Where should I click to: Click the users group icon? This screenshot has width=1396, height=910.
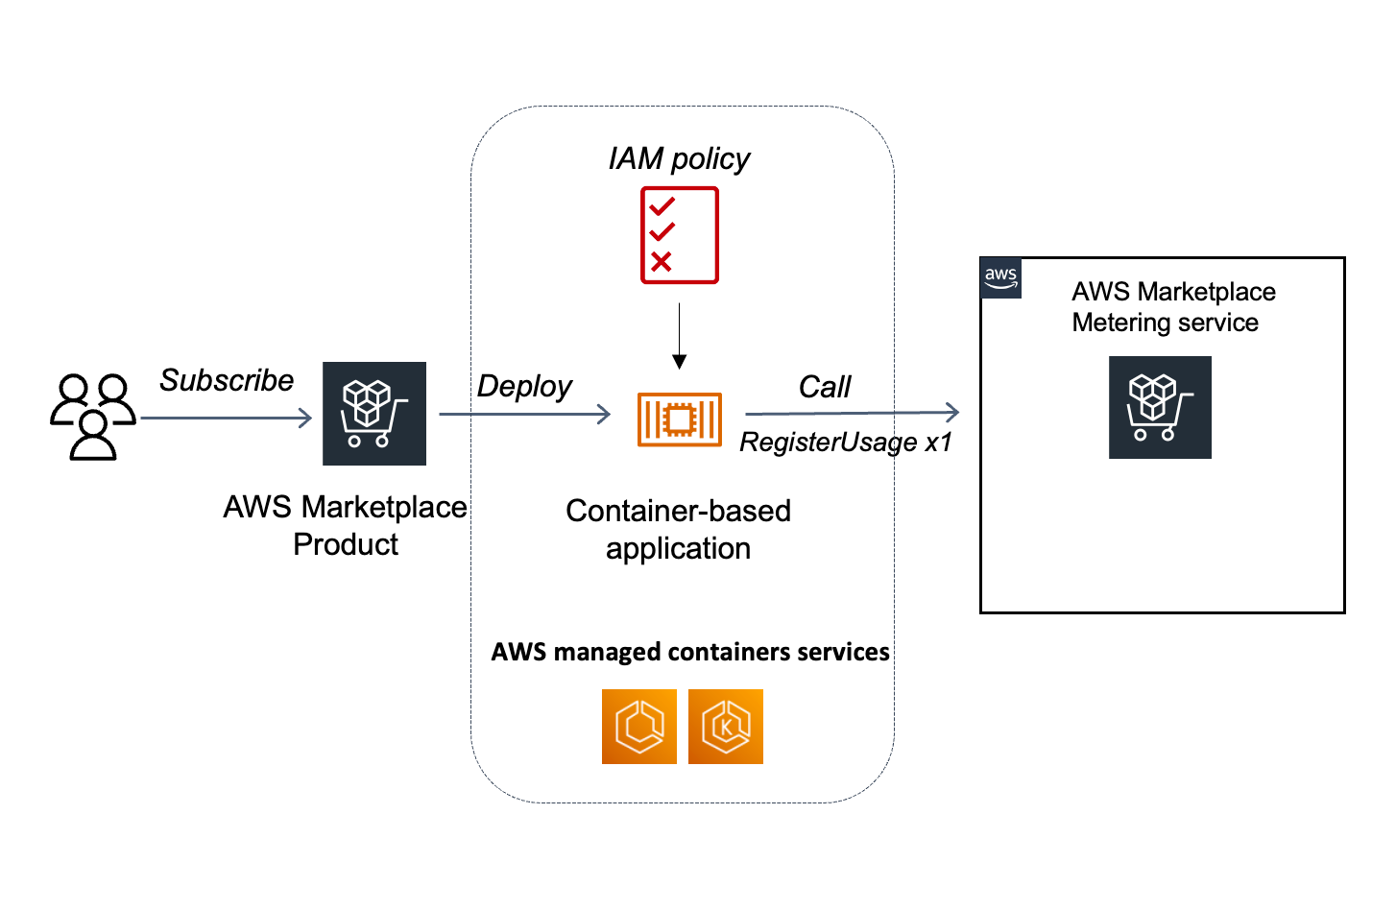(92, 417)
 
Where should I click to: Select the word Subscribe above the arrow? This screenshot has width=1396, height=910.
(227, 380)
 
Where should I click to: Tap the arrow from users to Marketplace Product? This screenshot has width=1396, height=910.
(227, 418)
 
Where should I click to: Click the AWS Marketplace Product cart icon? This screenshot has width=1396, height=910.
(374, 414)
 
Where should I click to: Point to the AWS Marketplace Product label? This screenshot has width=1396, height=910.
(346, 525)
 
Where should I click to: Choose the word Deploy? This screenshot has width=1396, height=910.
(524, 386)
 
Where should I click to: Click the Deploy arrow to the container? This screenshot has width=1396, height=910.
(524, 415)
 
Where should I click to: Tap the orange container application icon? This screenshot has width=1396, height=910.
(680, 419)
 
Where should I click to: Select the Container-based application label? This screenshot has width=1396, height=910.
(678, 529)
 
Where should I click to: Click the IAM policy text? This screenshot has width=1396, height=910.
(680, 158)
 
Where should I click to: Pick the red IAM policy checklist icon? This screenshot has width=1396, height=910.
(680, 235)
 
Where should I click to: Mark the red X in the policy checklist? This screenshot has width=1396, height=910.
(662, 261)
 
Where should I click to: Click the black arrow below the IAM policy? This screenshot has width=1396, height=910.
(679, 336)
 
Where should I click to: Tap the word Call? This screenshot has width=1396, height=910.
(825, 387)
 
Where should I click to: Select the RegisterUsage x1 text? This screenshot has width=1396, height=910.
(846, 443)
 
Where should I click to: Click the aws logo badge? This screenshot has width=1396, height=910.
(1000, 277)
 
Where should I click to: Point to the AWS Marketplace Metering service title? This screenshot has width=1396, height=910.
(1173, 307)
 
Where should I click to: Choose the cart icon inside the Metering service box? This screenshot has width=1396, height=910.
(1160, 407)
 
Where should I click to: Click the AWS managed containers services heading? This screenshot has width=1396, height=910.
(690, 653)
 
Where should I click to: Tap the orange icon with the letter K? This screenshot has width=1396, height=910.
(726, 727)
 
